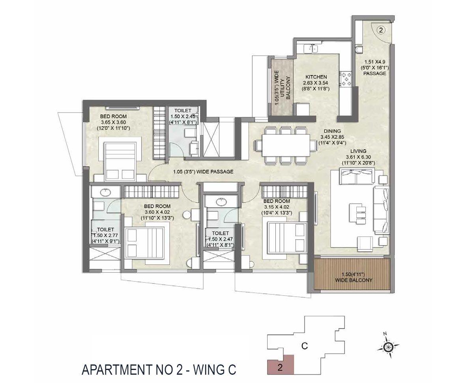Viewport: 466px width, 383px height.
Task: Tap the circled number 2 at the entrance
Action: point(380,30)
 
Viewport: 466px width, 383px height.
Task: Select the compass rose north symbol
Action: point(389,347)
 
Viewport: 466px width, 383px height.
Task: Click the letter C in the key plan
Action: point(304,346)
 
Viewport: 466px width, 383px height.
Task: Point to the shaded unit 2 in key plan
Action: point(280,365)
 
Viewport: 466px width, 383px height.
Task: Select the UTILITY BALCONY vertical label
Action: point(282,88)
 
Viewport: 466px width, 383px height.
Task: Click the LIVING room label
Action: point(358,151)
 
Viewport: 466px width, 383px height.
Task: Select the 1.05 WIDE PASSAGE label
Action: point(203,172)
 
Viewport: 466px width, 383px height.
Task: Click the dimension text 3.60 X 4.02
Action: point(157,212)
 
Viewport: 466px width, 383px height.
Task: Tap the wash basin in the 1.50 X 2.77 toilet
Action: point(106,193)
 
